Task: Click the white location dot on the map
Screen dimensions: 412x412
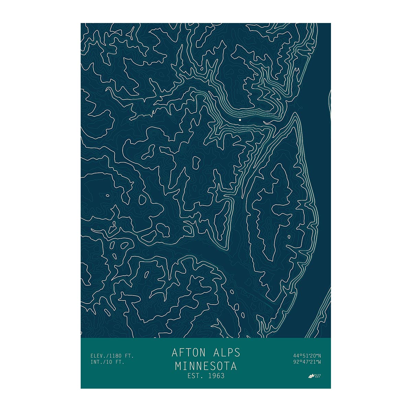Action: click(x=240, y=120)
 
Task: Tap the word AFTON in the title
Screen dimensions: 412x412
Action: click(x=188, y=353)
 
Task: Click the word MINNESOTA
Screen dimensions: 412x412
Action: click(x=206, y=366)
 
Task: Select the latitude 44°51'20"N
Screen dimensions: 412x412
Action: click(x=307, y=355)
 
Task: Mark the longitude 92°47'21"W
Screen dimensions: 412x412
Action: click(x=307, y=362)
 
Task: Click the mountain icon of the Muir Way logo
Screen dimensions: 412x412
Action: click(x=312, y=376)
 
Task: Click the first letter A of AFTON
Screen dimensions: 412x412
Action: click(x=174, y=353)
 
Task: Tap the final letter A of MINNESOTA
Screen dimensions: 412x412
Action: click(x=234, y=366)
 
